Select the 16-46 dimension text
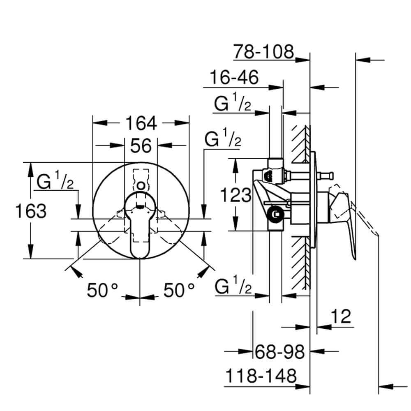coord(234,77)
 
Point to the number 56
coord(141,145)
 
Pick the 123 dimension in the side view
coord(235,194)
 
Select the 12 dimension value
coord(340,316)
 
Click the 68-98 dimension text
coord(279,352)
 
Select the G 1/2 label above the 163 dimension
coord(55,182)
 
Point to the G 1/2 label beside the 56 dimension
coord(222,141)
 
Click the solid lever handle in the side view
coord(345,222)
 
